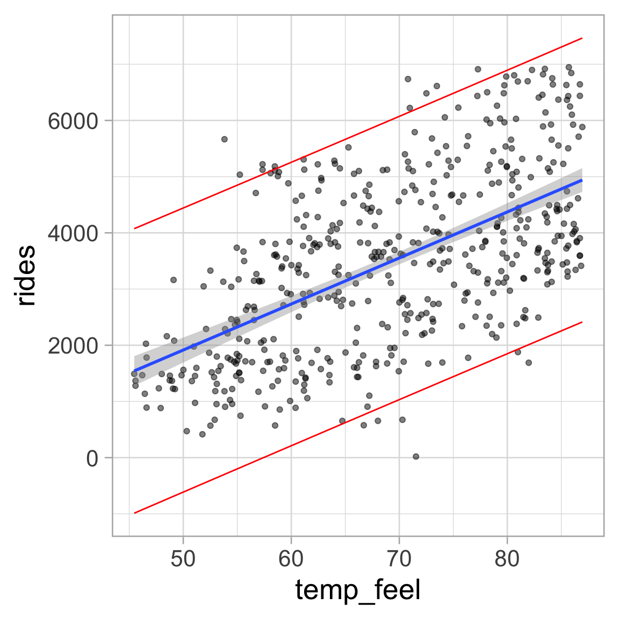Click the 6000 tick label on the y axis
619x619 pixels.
coord(73,121)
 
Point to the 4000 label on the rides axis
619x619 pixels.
coord(73,233)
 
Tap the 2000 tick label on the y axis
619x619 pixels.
coord(73,346)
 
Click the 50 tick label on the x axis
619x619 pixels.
coord(183,559)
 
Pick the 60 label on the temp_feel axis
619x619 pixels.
coord(291,559)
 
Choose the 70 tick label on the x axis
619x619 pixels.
coord(399,559)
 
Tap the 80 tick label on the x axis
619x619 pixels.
coord(507,559)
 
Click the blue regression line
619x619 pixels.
coord(358,275)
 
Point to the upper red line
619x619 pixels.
coord(358,134)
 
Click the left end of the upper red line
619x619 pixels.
coord(134,228)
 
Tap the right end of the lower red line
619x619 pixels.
coord(582,322)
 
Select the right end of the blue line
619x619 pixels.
coord(582,181)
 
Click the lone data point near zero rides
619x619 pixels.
coord(416,456)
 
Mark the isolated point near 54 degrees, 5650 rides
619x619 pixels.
coord(225,139)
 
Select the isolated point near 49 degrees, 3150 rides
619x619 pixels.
coord(174,280)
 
